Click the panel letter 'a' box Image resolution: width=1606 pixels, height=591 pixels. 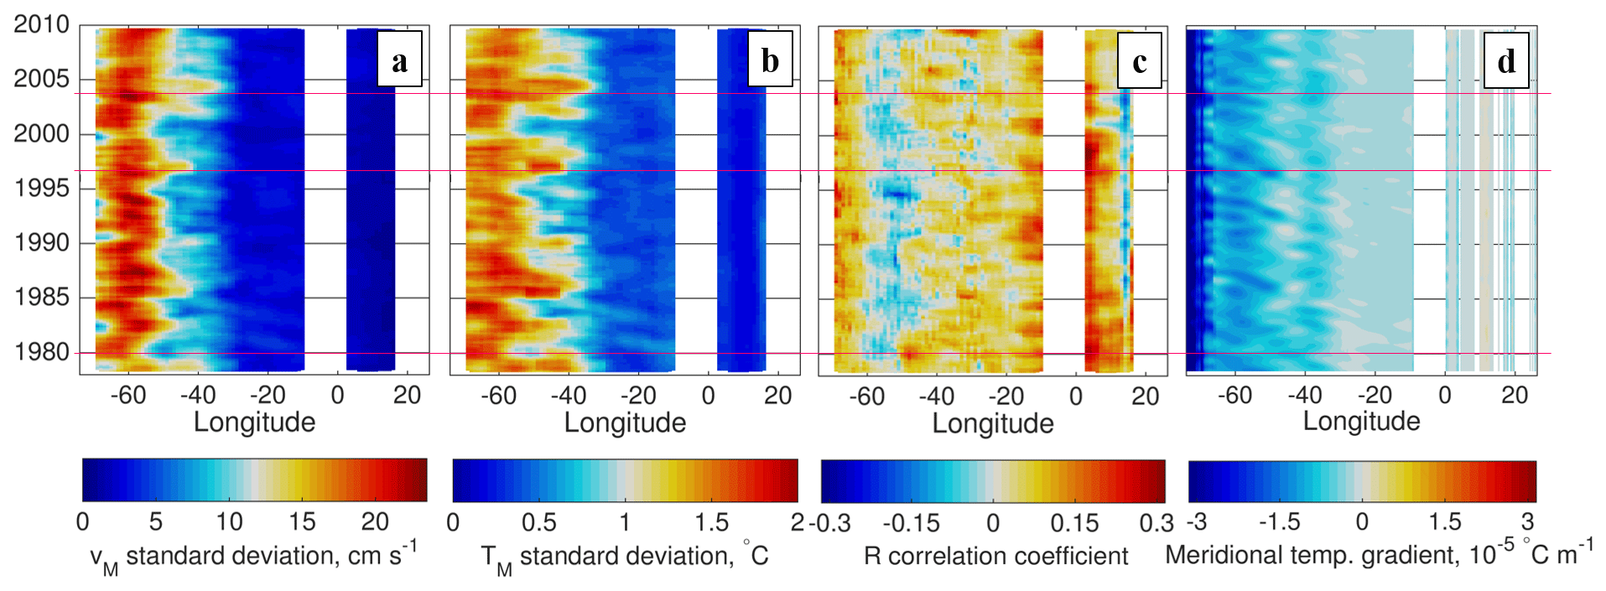(x=399, y=60)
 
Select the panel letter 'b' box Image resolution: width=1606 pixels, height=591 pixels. (x=770, y=60)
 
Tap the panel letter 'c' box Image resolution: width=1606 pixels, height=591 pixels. (x=1140, y=60)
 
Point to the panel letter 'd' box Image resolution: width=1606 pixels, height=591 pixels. (x=1507, y=60)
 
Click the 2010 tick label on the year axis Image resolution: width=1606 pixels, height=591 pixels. (x=41, y=24)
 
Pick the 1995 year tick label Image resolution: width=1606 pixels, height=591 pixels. (x=41, y=188)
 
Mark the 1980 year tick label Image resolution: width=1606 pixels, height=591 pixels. (x=41, y=351)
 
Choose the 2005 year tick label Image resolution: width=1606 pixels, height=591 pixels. (x=41, y=79)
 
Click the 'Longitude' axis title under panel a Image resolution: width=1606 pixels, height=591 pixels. (x=254, y=422)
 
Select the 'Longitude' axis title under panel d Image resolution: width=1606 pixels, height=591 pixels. (x=1361, y=421)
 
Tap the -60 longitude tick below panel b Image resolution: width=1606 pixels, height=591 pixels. (x=498, y=396)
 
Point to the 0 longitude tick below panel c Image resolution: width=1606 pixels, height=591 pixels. (x=1076, y=397)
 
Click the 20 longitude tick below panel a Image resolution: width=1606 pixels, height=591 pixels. (x=408, y=396)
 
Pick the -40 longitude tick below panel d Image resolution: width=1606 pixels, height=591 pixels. (x=1305, y=396)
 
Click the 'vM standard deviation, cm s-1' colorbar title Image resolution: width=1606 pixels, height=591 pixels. (x=253, y=557)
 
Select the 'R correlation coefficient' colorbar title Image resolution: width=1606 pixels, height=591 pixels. (x=995, y=556)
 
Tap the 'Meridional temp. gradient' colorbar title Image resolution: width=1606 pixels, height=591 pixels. (x=1379, y=554)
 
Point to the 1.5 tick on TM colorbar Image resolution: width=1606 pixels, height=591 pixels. (x=711, y=523)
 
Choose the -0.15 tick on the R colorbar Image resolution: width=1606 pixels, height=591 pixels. (x=911, y=523)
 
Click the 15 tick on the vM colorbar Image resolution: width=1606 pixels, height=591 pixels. (x=302, y=522)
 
